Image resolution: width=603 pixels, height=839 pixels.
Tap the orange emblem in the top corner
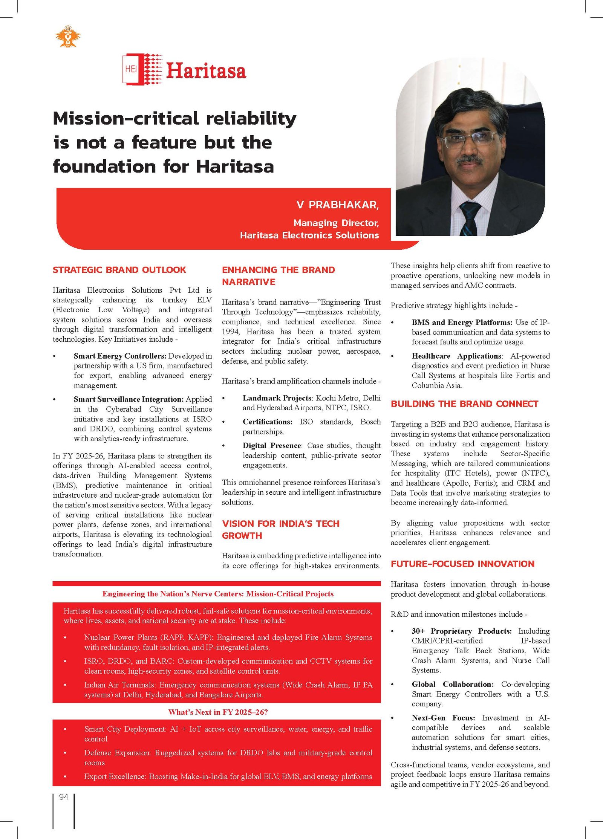(68, 37)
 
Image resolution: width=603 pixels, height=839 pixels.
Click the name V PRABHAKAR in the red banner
(337, 205)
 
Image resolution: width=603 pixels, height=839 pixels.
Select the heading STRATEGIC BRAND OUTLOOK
(119, 270)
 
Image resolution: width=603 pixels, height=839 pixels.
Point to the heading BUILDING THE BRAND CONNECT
(464, 404)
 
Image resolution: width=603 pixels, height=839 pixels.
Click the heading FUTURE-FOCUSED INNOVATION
(462, 564)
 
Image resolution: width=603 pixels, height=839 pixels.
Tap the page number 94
(64, 797)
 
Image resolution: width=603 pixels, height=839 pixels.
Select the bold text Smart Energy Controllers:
(120, 356)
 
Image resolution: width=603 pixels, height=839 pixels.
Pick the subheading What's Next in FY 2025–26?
(218, 712)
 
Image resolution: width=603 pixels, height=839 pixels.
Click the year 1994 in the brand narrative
(230, 332)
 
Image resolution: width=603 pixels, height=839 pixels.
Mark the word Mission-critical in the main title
(126, 119)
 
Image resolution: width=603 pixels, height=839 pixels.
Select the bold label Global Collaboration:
(453, 684)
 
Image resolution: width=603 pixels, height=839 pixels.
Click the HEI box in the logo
(131, 69)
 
